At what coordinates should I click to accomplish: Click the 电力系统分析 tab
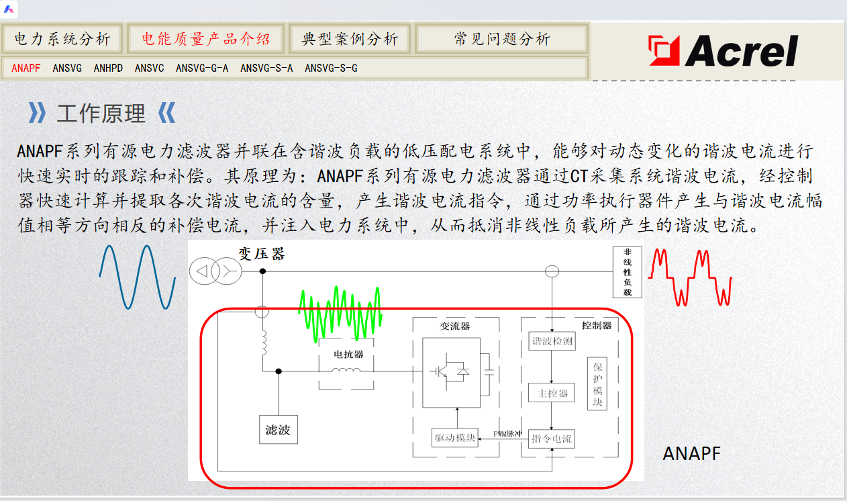[x=62, y=39]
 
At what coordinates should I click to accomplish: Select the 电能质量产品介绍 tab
[x=205, y=39]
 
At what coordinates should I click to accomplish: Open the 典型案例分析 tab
[x=350, y=39]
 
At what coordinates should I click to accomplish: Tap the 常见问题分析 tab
[x=501, y=39]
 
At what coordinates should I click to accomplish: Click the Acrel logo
[x=724, y=51]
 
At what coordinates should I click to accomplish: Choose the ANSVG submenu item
[x=67, y=68]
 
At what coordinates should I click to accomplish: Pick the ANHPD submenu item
[x=108, y=68]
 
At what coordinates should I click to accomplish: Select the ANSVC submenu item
[x=149, y=68]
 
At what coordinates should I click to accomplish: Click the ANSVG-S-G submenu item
[x=331, y=68]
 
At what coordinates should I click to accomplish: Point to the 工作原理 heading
[x=101, y=113]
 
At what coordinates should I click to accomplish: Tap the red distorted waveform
[x=690, y=275]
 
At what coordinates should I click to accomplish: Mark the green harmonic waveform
[x=340, y=312]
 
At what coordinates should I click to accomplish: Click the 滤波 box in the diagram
[x=278, y=429]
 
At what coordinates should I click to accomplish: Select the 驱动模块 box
[x=455, y=439]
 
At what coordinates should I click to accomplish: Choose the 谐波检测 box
[x=551, y=341]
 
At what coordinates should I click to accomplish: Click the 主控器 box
[x=551, y=393]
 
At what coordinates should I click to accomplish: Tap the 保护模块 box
[x=597, y=383]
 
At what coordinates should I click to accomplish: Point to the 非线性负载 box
[x=628, y=272]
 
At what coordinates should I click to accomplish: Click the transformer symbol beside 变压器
[x=214, y=271]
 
